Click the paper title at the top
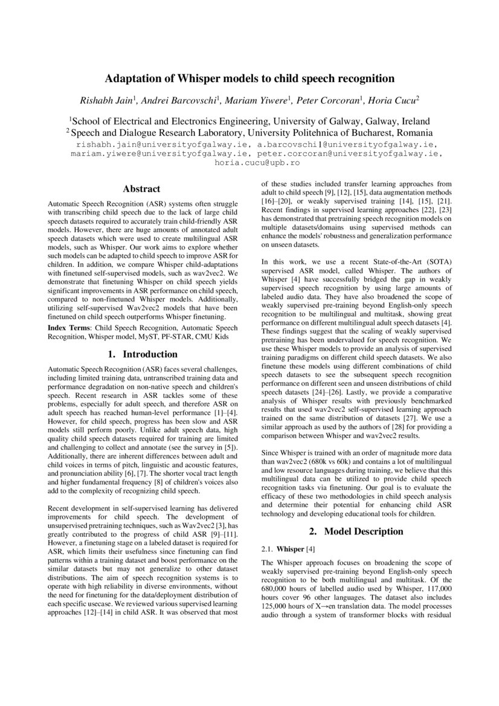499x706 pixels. point(249,79)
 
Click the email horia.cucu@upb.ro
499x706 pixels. point(249,163)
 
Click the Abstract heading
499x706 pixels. point(141,188)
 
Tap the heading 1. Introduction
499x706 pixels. point(141,353)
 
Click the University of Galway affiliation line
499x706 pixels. point(249,120)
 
